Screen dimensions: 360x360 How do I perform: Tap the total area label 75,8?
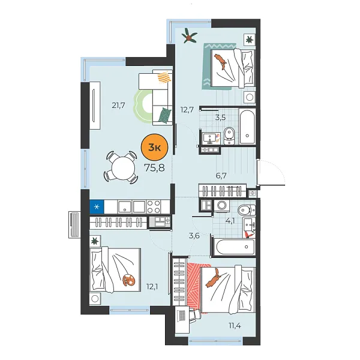pyautogui.click(x=154, y=167)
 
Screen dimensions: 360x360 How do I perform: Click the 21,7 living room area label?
pyautogui.click(x=118, y=106)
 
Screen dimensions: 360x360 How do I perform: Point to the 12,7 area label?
pyautogui.click(x=187, y=109)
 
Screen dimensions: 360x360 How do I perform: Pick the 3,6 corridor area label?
pyautogui.click(x=193, y=236)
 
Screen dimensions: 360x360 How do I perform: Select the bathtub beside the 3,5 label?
pyautogui.click(x=248, y=126)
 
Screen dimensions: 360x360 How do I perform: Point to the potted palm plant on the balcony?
pyautogui.click(x=190, y=37)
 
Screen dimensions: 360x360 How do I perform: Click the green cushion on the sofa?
pyautogui.click(x=165, y=112)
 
